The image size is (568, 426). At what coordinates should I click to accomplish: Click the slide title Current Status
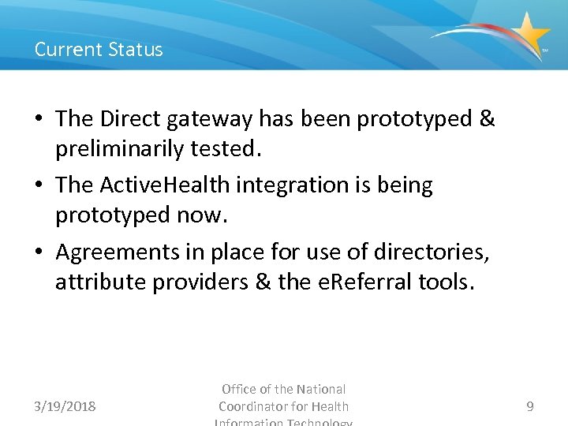click(99, 49)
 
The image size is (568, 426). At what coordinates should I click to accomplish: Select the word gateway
click(211, 120)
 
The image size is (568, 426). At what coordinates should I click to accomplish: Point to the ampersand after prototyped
click(487, 119)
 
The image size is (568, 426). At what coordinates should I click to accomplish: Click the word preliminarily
click(124, 149)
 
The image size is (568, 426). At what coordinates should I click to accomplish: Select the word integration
click(276, 185)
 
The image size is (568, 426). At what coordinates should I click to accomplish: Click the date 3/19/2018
click(65, 406)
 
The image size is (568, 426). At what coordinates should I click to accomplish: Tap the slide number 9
click(529, 406)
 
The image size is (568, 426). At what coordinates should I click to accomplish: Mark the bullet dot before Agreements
click(40, 252)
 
